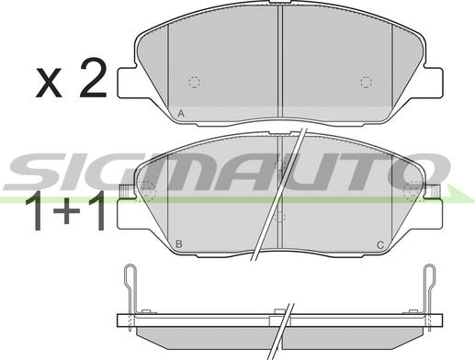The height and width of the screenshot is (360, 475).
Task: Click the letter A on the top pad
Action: pyautogui.click(x=181, y=114)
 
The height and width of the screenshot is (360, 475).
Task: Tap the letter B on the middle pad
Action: pyautogui.click(x=179, y=244)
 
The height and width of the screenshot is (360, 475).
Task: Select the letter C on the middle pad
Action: pyautogui.click(x=380, y=245)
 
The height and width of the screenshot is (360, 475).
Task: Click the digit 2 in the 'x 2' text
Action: pyautogui.click(x=93, y=77)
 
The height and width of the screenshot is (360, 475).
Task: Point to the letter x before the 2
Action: pyautogui.click(x=49, y=84)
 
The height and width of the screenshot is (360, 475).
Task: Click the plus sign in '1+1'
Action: pyautogui.click(x=66, y=210)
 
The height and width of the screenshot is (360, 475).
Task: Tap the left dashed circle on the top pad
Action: pyautogui.click(x=194, y=82)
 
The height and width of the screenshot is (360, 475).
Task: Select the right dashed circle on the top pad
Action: pyautogui.click(x=367, y=82)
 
